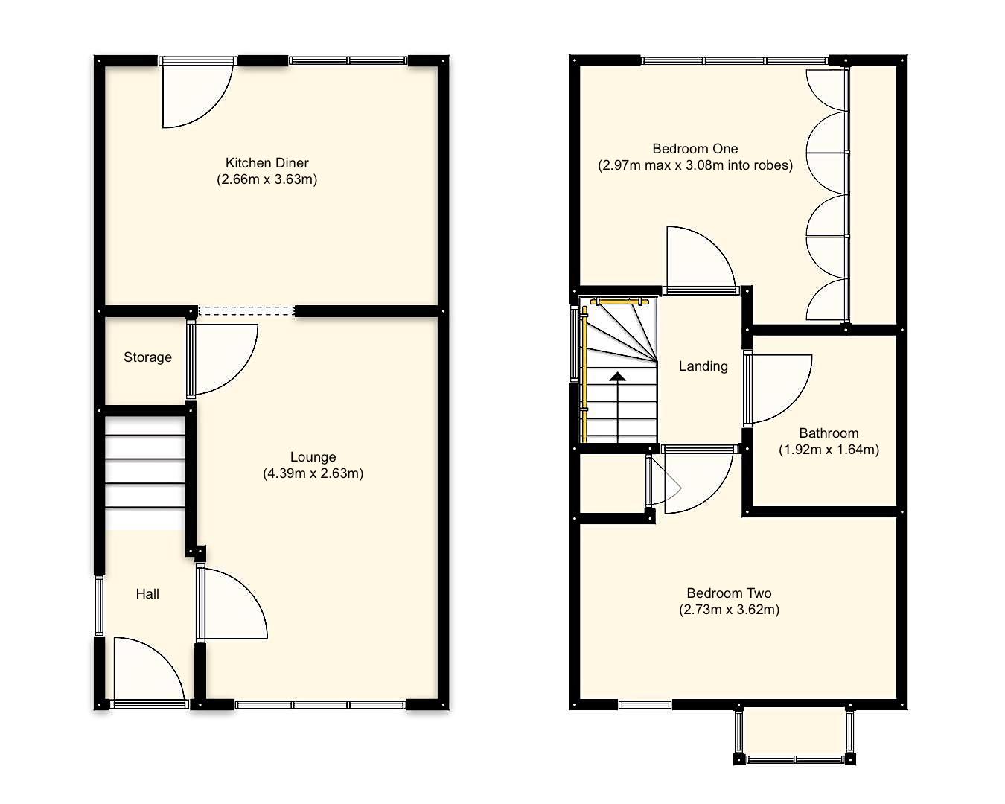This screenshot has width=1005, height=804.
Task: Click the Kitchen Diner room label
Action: [267, 162]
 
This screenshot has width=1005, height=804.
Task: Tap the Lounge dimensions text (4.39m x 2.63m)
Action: [313, 473]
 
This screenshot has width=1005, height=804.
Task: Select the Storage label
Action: [147, 357]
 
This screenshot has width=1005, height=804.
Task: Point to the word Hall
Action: [147, 593]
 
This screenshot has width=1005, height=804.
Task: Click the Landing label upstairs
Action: [703, 366]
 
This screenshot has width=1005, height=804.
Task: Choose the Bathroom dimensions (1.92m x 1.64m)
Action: [829, 450]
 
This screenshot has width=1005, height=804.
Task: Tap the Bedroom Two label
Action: [729, 593]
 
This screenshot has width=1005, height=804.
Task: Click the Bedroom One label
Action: [695, 149]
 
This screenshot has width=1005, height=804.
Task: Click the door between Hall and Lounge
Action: [231, 603]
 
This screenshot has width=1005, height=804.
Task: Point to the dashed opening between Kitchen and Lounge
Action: [246, 311]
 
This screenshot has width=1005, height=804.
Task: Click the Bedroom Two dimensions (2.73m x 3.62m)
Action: [729, 610]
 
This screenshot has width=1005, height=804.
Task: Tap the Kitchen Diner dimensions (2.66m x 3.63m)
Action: [267, 179]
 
